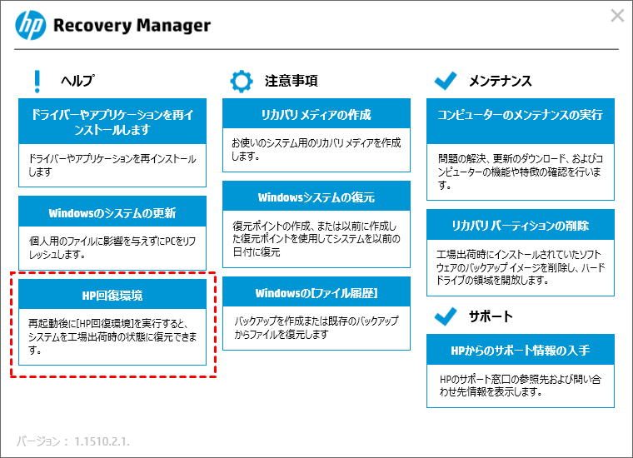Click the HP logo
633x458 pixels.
point(31,25)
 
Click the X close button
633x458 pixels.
point(617,16)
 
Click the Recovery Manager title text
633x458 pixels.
point(132,26)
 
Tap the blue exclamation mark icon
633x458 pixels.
point(37,82)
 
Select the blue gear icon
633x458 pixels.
point(242,82)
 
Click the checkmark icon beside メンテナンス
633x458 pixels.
point(446,80)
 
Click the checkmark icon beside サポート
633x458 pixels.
point(446,316)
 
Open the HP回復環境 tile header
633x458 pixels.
point(112,295)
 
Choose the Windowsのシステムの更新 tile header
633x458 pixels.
point(112,212)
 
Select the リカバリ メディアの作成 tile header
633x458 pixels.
point(316,114)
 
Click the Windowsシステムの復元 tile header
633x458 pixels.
point(316,197)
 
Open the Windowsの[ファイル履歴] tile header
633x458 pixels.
point(316,292)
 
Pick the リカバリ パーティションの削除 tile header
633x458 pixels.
point(521,225)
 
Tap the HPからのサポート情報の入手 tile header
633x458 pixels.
point(521,350)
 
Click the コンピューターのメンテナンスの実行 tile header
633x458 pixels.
point(521,122)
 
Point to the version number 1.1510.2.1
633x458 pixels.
point(102,441)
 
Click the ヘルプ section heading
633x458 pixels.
point(77,81)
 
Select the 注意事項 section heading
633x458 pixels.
point(291,81)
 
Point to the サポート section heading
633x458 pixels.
point(491,316)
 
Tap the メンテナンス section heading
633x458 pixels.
point(501,81)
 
